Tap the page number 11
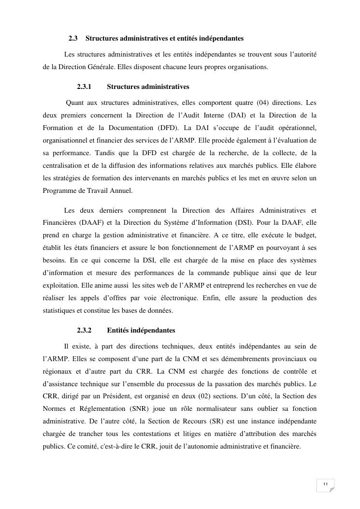(325, 484)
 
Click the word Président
(118, 396)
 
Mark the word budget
(304, 235)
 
